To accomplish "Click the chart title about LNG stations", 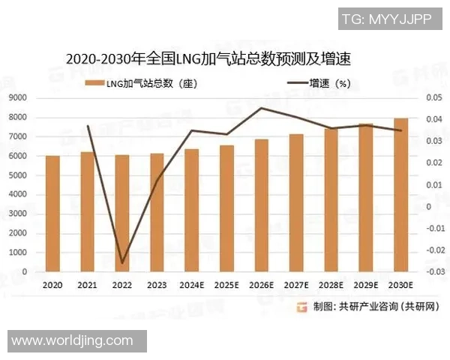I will click(x=208, y=58).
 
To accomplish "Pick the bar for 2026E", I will click(x=261, y=205).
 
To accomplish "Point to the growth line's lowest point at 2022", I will click(x=122, y=263).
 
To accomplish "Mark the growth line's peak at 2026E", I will click(x=261, y=108).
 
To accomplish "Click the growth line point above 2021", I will click(x=88, y=126).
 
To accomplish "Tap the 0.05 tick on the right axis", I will click(x=434, y=98).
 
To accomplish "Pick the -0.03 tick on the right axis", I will click(x=434, y=271).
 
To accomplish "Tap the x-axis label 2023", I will click(x=157, y=286).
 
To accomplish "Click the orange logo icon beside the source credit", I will click(x=301, y=307).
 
